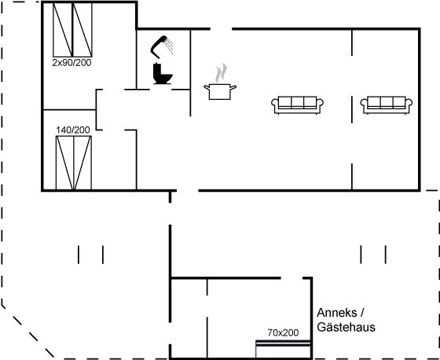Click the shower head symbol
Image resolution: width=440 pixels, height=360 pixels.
coord(158,46)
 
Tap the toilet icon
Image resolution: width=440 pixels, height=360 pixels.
coord(162,74)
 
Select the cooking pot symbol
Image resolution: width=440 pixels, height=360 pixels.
coord(220,91)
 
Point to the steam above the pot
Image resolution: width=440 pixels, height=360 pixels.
coord(221,72)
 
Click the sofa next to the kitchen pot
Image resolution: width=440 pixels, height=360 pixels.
coord(298,105)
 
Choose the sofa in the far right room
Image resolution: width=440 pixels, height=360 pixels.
coord(387,105)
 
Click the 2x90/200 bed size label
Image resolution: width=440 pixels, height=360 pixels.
coord(71,63)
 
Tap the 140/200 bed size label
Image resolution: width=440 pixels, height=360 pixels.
coord(72,130)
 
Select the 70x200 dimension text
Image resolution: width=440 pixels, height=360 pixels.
coord(283,332)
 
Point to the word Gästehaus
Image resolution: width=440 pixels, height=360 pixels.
coord(346,328)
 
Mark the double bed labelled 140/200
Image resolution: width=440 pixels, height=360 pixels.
coord(74,163)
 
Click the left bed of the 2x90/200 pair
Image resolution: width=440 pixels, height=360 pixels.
coord(63,30)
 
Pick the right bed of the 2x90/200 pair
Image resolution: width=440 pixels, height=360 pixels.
coord(82,30)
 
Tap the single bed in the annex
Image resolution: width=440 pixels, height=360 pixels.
coord(284,349)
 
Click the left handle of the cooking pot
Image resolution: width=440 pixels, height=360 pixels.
coord(207,87)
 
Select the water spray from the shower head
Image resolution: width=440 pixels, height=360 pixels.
coord(170,46)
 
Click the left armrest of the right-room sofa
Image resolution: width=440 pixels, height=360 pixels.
coord(364,104)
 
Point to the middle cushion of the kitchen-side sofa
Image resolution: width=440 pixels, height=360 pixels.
coord(298,102)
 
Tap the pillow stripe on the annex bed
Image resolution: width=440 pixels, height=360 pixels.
coord(284,343)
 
